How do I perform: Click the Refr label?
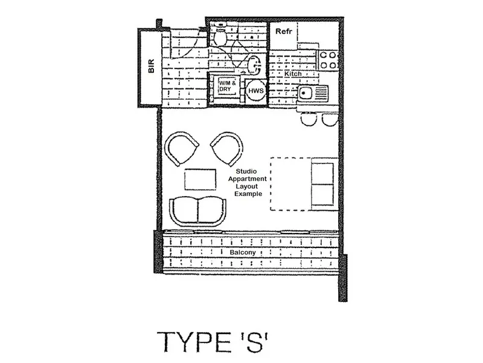[284, 31]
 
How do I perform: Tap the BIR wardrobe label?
[152, 66]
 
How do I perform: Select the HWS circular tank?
[255, 90]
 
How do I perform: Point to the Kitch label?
[293, 74]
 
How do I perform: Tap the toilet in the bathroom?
[220, 36]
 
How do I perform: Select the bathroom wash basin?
[254, 65]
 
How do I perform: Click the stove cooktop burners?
[328, 60]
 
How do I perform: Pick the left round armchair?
[181, 148]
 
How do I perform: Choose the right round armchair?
[228, 149]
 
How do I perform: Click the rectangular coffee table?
[200, 179]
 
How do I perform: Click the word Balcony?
[243, 252]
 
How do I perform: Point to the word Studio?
[246, 171]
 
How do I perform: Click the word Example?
[248, 194]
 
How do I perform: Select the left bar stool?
[309, 119]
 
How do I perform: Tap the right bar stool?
[330, 119]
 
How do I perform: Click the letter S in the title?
[254, 342]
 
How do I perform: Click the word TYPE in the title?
[194, 342]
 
